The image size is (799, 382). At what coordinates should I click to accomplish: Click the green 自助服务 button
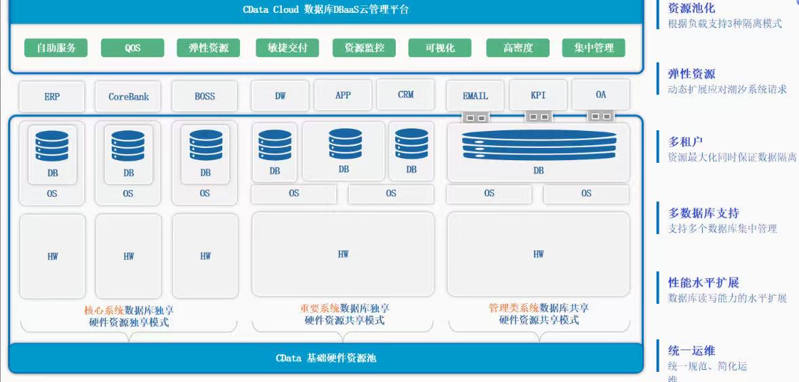click(56, 48)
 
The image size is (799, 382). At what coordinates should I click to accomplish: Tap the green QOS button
click(133, 48)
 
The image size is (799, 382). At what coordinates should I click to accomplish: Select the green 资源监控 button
click(365, 48)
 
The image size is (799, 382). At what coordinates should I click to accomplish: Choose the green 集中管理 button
click(594, 48)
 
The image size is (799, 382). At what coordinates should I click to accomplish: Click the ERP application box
click(52, 96)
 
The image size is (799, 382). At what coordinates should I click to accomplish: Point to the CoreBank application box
click(129, 96)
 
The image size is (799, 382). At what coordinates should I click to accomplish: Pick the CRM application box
click(406, 95)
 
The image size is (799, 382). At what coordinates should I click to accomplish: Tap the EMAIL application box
click(475, 96)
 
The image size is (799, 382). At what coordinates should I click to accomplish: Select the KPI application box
click(538, 95)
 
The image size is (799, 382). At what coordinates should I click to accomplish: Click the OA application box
click(601, 95)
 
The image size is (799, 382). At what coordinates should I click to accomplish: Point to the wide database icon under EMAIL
click(538, 143)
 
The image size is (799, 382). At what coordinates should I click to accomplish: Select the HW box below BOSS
click(205, 256)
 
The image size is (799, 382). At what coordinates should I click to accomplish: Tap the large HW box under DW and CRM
click(343, 254)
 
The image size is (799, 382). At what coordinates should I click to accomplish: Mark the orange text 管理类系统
click(514, 307)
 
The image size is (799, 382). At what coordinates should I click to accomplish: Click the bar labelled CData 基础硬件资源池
click(325, 358)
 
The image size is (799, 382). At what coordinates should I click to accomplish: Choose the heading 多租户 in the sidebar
click(685, 142)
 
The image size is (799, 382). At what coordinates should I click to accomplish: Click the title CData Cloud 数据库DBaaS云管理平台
click(325, 9)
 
